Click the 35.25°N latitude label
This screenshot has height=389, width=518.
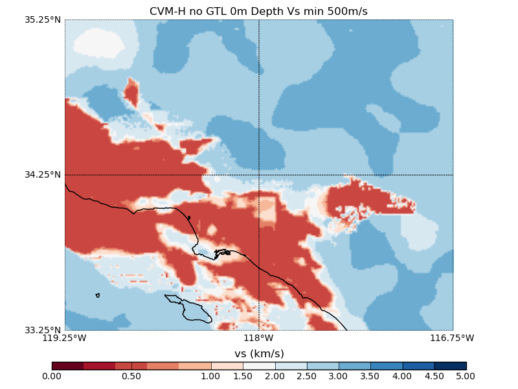[43, 19]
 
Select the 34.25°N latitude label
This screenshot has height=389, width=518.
[43, 174]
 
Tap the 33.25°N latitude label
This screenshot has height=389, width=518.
[43, 329]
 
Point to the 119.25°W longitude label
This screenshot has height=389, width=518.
[65, 338]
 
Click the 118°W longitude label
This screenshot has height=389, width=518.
[259, 338]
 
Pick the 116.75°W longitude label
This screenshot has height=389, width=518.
[453, 338]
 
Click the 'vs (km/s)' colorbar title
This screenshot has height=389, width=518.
[259, 353]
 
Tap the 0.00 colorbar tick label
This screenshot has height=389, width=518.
[52, 376]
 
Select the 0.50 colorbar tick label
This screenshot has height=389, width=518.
[131, 376]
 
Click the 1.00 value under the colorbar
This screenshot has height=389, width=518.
[211, 376]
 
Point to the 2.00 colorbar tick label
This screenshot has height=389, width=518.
[275, 376]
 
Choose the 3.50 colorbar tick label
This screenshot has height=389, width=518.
[370, 376]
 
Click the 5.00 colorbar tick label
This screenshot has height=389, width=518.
[466, 376]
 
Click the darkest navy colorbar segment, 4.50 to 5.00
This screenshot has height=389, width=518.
[450, 366]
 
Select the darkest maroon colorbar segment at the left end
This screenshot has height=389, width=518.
[67, 366]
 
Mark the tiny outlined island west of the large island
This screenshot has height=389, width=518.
[97, 295]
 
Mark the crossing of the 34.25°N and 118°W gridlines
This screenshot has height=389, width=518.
[259, 174]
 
